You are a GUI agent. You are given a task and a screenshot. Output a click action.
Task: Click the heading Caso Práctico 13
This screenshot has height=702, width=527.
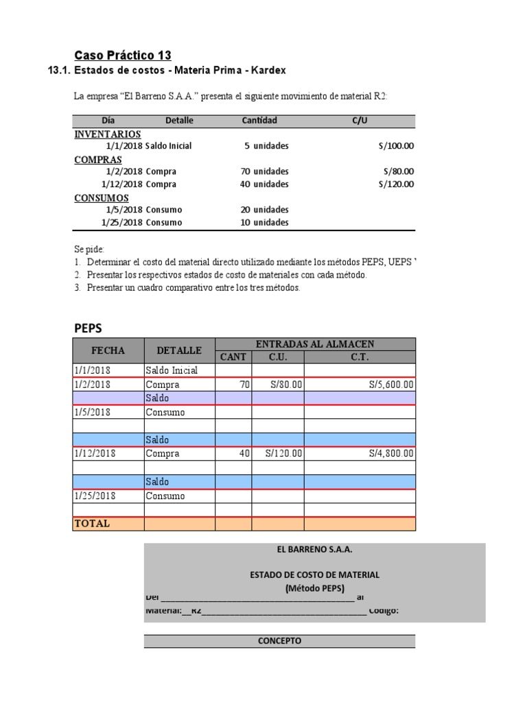122,55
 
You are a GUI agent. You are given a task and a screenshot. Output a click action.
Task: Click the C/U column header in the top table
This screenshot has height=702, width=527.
360,121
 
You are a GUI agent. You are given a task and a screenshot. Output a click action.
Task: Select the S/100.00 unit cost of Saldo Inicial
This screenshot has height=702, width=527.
397,146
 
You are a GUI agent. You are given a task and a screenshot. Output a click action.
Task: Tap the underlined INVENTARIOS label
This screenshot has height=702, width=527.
108,134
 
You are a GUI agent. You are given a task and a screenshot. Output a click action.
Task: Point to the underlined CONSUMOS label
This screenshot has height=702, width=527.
102,198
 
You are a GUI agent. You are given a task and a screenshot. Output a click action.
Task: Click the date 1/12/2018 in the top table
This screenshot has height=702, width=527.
122,184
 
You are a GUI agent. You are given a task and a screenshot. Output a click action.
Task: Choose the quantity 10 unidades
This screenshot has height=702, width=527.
265,223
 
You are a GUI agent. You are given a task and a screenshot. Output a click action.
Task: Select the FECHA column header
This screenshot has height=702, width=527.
108,350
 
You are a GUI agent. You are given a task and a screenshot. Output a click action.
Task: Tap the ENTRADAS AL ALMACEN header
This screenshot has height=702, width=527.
315,343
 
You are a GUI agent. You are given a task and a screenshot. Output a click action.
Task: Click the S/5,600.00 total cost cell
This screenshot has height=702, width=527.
391,385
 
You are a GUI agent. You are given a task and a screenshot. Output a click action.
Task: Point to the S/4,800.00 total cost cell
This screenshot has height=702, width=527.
391,454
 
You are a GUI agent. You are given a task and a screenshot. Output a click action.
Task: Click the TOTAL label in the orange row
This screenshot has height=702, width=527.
92,524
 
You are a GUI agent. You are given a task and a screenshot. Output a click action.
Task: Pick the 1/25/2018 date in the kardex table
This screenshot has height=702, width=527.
95,496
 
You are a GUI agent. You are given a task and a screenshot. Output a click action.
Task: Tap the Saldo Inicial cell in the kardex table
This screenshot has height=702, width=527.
172,371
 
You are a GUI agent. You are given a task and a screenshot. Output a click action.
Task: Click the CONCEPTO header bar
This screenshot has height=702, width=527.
279,642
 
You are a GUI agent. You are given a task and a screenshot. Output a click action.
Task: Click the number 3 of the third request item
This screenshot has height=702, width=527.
78,288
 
